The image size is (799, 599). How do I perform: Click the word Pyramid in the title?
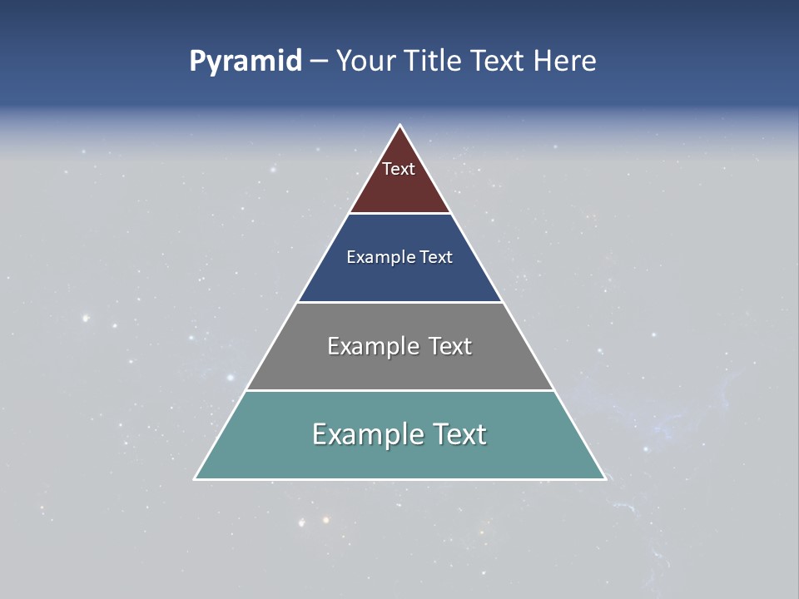coord(246,62)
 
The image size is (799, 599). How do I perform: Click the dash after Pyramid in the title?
coord(318,62)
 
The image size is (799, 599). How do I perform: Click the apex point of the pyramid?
coord(399,126)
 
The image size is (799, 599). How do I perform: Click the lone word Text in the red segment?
coord(399,169)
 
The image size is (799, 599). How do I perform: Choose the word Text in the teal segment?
coord(459,434)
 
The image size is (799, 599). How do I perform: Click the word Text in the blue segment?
coord(436,257)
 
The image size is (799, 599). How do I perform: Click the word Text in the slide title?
coord(497,62)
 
